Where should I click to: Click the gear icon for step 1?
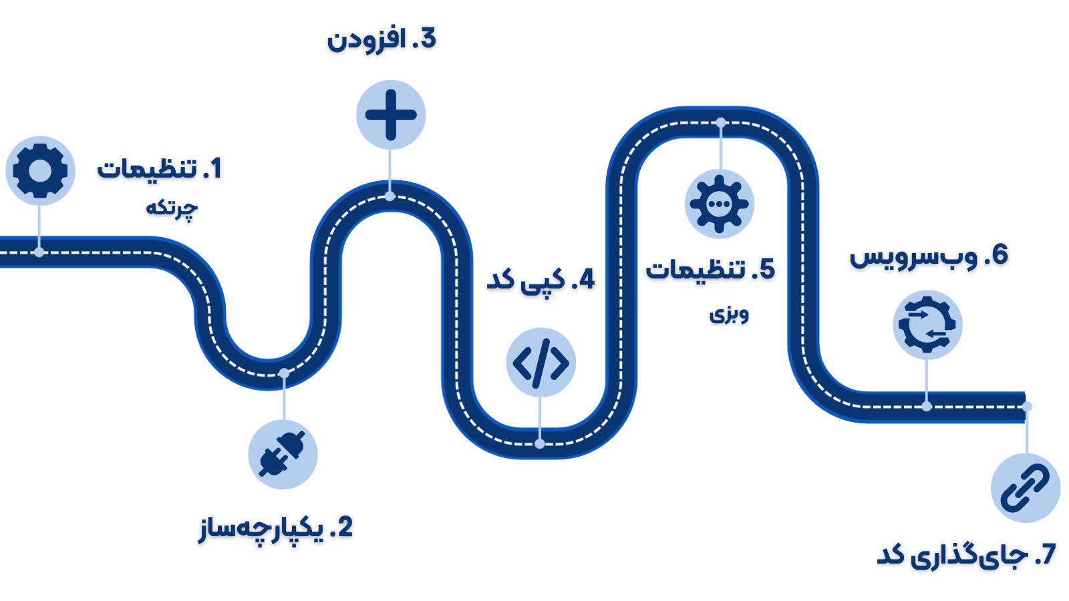pyautogui.click(x=40, y=170)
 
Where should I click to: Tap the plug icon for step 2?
pyautogui.click(x=283, y=455)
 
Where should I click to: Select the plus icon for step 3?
pyautogui.click(x=391, y=115)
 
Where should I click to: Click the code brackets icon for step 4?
pyautogui.click(x=541, y=363)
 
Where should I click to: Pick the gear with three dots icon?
pyautogui.click(x=720, y=204)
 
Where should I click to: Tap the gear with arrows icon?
pyautogui.click(x=927, y=325)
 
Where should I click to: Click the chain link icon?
pyautogui.click(x=1026, y=488)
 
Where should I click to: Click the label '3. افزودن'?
pyautogui.click(x=381, y=39)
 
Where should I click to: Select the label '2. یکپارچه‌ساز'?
pyautogui.click(x=276, y=528)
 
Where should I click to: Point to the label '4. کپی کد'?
pyautogui.click(x=541, y=279)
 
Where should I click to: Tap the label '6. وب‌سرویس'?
pyautogui.click(x=929, y=255)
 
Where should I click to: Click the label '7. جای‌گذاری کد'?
pyautogui.click(x=966, y=554)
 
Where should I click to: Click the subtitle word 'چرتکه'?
pyautogui.click(x=172, y=208)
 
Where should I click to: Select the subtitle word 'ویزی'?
pyautogui.click(x=729, y=313)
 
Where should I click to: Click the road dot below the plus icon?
pyautogui.click(x=390, y=196)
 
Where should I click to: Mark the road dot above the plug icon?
pyautogui.click(x=284, y=373)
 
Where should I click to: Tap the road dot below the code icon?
pyautogui.click(x=540, y=443)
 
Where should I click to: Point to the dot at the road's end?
pyautogui.click(x=1028, y=407)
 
